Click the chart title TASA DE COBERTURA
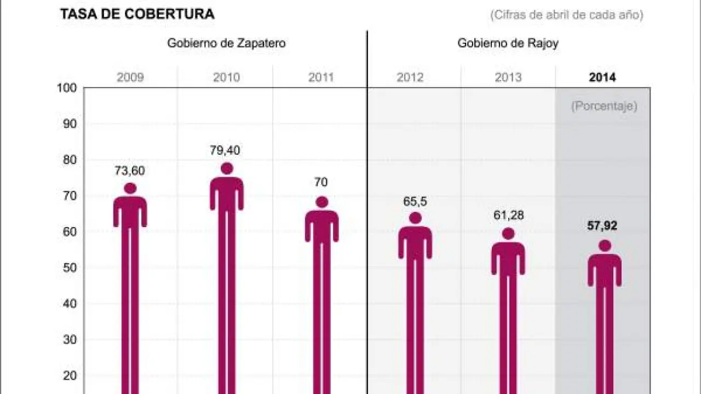137,15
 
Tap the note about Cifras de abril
566,15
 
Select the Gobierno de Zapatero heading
226,44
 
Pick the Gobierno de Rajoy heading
508,44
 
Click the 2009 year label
130,77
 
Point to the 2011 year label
321,77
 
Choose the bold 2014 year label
602,77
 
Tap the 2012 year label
410,77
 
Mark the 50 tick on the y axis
70,268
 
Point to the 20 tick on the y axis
70,375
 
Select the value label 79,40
225,150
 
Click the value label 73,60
130,171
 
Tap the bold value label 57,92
602,226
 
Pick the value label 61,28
508,215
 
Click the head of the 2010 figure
227,169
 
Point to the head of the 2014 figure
605,246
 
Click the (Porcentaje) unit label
604,106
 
